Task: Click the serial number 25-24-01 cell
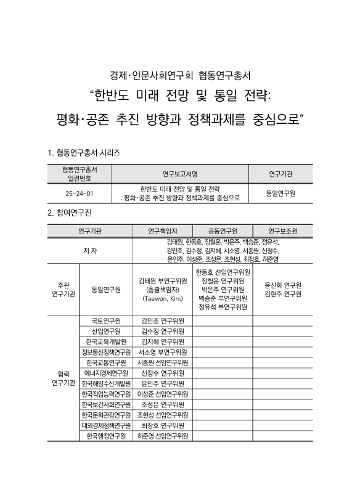click(x=79, y=193)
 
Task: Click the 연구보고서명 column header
click(x=179, y=173)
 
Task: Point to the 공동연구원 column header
click(x=223, y=231)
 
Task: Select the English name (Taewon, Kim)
click(x=163, y=298)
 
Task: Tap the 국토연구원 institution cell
click(x=106, y=321)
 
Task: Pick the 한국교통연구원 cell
click(x=106, y=363)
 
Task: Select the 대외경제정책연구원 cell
click(x=106, y=426)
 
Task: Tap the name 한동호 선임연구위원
click(x=223, y=272)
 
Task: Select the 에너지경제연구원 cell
click(x=106, y=373)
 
